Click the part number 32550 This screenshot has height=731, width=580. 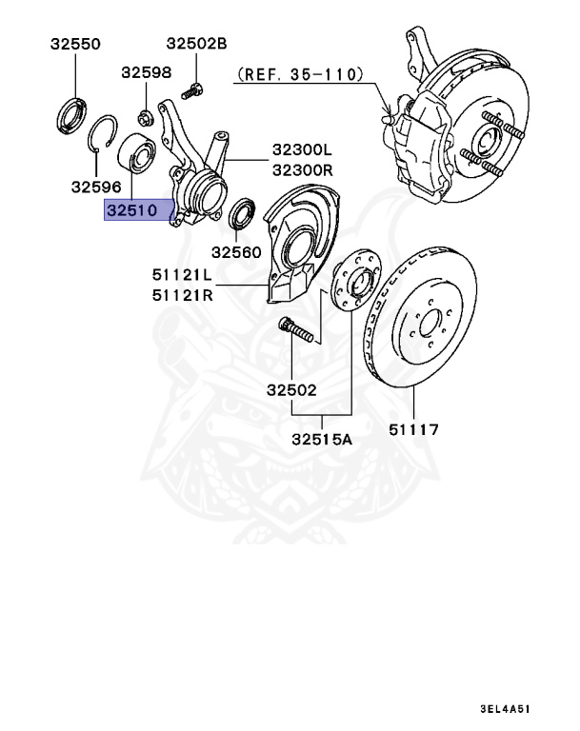(74, 44)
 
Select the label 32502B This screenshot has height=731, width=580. (197, 44)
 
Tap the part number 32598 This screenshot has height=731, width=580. (146, 72)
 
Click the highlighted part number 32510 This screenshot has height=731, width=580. (135, 212)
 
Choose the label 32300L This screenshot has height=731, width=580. (303, 150)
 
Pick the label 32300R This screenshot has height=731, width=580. (303, 170)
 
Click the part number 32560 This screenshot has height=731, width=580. (235, 252)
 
